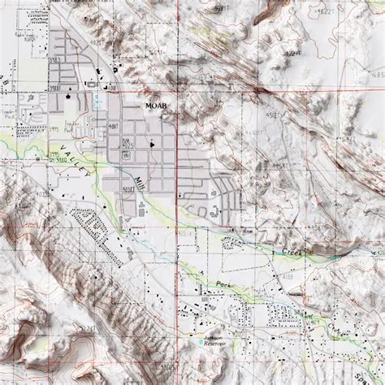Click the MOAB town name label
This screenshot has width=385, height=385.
coord(155,106)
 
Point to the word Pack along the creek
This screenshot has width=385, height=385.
coord(224,287)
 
